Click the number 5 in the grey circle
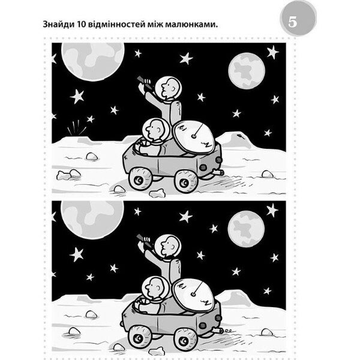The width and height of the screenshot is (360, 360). coord(293,22)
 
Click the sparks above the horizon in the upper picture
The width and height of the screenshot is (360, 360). coord(77,127)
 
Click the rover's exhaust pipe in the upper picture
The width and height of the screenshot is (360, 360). coord(218,172)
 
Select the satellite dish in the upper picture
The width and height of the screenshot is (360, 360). coord(194,137)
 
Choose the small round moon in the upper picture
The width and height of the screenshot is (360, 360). coord(247,71)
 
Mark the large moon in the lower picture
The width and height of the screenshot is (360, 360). coord(92,218)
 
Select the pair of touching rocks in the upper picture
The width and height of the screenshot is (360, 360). coord(68,175)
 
